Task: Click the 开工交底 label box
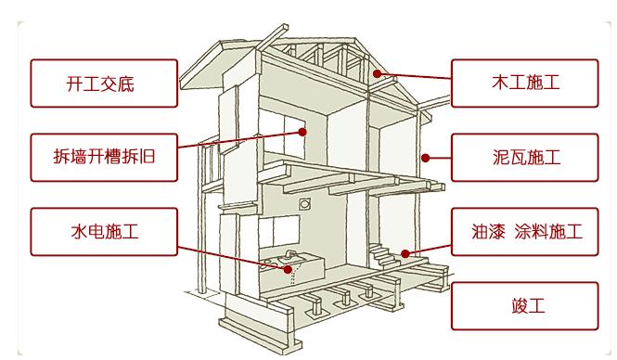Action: [102, 84]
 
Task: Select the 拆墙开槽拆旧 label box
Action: [102, 157]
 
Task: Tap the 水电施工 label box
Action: [102, 232]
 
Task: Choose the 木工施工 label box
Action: [524, 84]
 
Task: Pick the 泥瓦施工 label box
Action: [524, 157]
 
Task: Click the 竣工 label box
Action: [524, 305]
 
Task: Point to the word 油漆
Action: [489, 232]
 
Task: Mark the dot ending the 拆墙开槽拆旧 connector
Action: [302, 133]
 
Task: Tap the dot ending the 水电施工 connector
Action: [290, 270]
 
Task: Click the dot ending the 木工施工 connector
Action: [376, 72]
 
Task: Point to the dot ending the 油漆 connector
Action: [405, 252]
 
